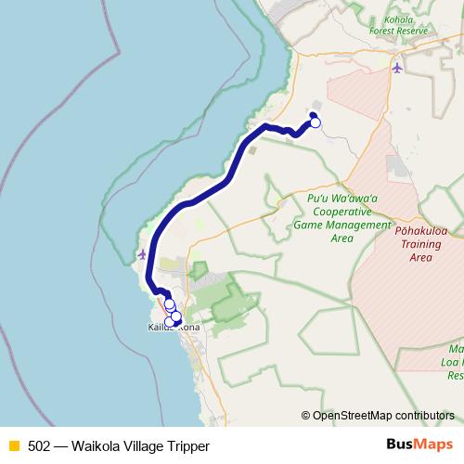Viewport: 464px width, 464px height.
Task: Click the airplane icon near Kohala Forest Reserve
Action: (x=397, y=68)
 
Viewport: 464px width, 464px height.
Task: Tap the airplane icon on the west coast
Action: (x=141, y=253)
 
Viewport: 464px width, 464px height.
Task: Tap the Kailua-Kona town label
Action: (x=174, y=328)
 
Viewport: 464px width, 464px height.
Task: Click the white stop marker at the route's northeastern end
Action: (x=315, y=122)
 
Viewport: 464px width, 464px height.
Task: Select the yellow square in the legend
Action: (x=14, y=445)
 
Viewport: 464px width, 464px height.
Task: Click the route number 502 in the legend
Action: (x=40, y=445)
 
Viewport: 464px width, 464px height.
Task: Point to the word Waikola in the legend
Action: (x=98, y=445)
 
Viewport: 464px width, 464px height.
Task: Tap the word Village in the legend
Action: (x=149, y=445)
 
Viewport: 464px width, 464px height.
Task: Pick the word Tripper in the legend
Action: (x=198, y=445)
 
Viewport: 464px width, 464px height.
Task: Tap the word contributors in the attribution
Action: (x=424, y=416)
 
